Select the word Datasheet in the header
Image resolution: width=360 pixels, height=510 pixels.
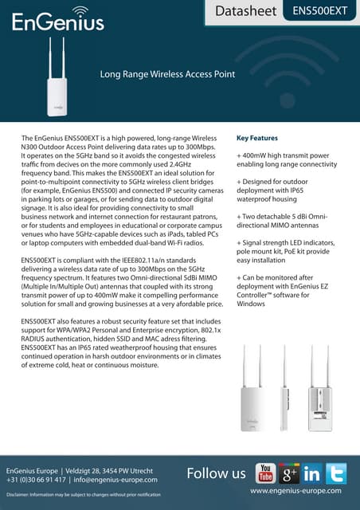pyautogui.click(x=247, y=11)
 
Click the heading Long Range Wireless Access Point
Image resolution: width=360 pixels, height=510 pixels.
pyautogui.click(x=166, y=75)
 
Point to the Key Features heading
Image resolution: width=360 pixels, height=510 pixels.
pyautogui.click(x=257, y=138)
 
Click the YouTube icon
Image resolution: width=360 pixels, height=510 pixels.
pyautogui.click(x=265, y=473)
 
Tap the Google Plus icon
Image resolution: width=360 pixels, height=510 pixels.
pyautogui.click(x=288, y=473)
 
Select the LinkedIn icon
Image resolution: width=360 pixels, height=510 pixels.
pyautogui.click(x=311, y=473)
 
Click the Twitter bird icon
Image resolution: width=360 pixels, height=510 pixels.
pyautogui.click(x=335, y=473)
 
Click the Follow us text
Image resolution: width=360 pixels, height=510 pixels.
pyautogui.click(x=216, y=474)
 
